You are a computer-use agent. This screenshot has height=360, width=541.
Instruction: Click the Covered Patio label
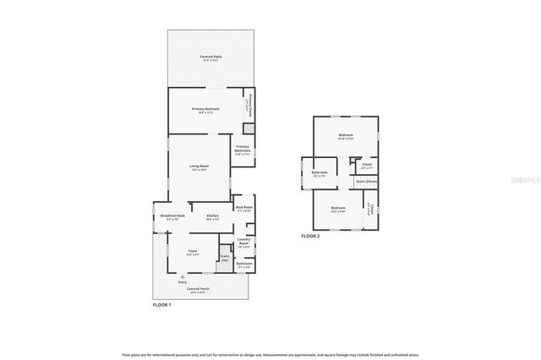point(210,58)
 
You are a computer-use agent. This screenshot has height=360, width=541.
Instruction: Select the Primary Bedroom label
point(205,110)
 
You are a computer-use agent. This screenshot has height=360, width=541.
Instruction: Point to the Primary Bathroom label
point(242,151)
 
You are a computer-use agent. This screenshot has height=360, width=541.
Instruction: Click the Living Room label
point(199,167)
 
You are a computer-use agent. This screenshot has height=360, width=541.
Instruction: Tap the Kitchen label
point(213,217)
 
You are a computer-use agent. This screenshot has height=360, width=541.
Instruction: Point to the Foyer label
point(193,253)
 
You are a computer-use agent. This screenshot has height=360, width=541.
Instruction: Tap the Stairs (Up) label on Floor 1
point(225,258)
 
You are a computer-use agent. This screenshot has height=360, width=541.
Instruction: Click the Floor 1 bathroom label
point(243,265)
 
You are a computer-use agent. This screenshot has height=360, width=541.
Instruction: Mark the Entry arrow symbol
point(183,275)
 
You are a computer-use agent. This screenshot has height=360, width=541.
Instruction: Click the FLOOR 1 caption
point(161,304)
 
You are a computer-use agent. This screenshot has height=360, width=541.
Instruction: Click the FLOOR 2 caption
point(310,236)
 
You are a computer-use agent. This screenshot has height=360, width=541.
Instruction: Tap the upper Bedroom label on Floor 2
point(346,136)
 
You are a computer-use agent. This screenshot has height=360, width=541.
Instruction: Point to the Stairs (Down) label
point(365,182)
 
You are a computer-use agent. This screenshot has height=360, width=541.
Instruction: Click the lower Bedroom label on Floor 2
point(338,210)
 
